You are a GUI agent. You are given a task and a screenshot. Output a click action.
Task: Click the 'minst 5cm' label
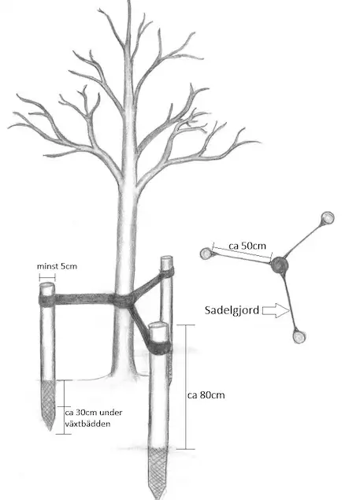pyautogui.click(x=57, y=266)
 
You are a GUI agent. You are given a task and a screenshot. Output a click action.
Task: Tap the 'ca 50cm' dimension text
pyautogui.click(x=247, y=246)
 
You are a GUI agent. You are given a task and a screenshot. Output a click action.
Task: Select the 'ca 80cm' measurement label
pyautogui.click(x=206, y=395)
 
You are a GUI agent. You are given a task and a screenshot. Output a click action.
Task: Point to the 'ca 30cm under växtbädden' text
pyautogui.click(x=94, y=418)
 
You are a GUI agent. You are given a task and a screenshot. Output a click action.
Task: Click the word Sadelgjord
pyautogui.click(x=232, y=310)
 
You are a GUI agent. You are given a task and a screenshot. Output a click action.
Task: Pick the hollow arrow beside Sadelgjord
pyautogui.click(x=276, y=310)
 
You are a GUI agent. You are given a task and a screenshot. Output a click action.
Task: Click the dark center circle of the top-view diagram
pyautogui.click(x=280, y=265)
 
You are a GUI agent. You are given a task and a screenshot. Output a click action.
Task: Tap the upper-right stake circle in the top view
pyautogui.click(x=327, y=218)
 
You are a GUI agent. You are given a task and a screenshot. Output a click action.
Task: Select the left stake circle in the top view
pyautogui.click(x=206, y=254)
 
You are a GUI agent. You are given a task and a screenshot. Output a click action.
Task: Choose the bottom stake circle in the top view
pyautogui.click(x=299, y=337)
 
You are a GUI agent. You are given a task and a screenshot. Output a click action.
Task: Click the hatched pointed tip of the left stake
pyautogui.click(x=49, y=405)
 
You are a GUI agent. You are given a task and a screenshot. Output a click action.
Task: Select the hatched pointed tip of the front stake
pyautogui.click(x=158, y=472)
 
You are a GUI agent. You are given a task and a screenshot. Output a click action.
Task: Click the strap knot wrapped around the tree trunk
pyautogui.click(x=123, y=300)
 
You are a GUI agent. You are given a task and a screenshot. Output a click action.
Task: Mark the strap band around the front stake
pyautogui.click(x=160, y=347)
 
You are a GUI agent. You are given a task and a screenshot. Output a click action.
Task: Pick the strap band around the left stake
pyautogui.click(x=47, y=300)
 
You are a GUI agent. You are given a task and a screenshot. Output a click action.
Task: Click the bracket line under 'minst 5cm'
pyautogui.click(x=47, y=277)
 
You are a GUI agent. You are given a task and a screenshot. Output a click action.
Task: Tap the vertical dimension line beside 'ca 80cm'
pyautogui.click(x=185, y=387)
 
